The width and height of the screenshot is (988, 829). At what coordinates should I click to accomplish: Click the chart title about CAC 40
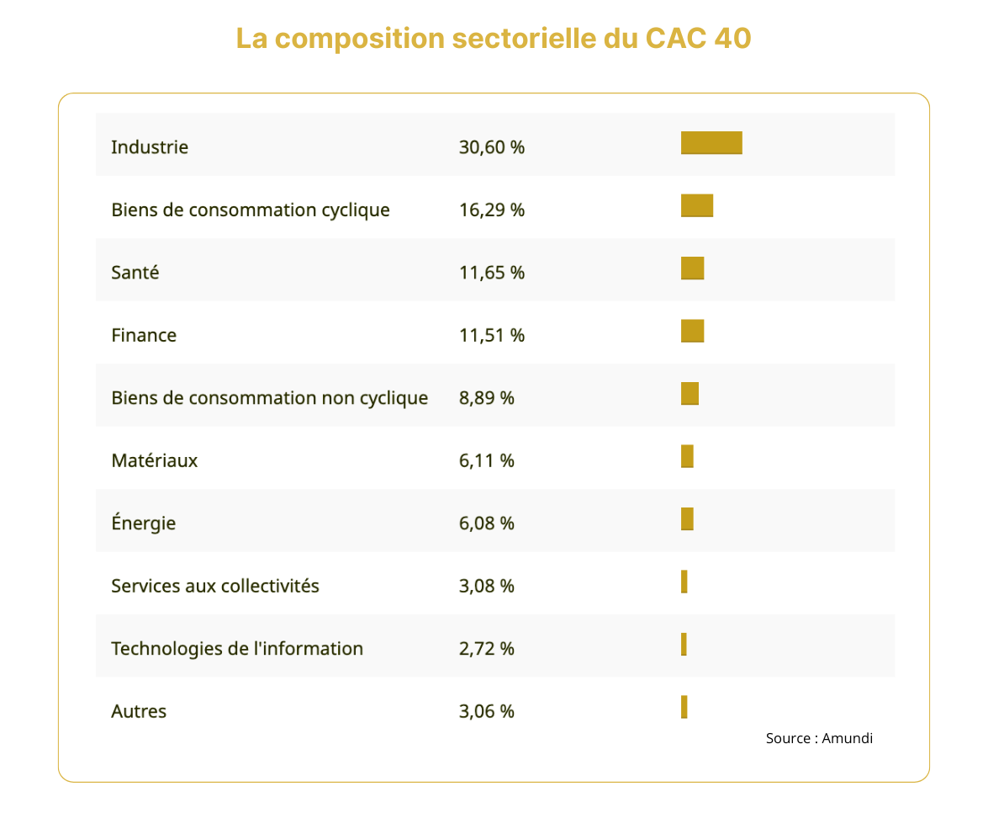pyautogui.click(x=494, y=39)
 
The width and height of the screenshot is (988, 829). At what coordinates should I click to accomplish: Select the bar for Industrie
pyautogui.click(x=711, y=143)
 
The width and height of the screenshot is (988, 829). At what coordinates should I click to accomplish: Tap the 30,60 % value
pyautogui.click(x=492, y=147)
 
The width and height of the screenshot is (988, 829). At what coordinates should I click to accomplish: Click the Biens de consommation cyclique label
pyautogui.click(x=251, y=210)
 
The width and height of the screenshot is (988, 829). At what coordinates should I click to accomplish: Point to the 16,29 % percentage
pyautogui.click(x=492, y=210)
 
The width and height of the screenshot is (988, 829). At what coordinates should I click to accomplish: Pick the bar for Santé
pyautogui.click(x=692, y=268)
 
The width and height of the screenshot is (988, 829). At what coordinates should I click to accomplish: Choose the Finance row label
pyautogui.click(x=144, y=335)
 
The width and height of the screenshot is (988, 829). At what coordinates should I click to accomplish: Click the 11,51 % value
pyautogui.click(x=492, y=335)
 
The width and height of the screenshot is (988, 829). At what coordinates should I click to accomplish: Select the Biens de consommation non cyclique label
pyautogui.click(x=270, y=397)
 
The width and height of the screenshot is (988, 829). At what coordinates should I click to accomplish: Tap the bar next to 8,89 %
pyautogui.click(x=689, y=394)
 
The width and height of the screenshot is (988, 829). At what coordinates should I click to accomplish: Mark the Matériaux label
pyautogui.click(x=155, y=460)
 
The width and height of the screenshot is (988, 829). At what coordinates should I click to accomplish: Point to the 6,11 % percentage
pyautogui.click(x=487, y=460)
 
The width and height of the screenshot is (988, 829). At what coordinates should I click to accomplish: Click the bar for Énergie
pyautogui.click(x=687, y=519)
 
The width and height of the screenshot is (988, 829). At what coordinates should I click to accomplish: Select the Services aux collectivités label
pyautogui.click(x=215, y=586)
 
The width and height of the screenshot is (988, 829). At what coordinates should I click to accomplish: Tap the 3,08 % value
pyautogui.click(x=487, y=586)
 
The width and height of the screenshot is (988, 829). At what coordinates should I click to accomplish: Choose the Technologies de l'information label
pyautogui.click(x=237, y=649)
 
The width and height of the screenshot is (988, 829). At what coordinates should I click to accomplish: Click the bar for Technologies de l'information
pyautogui.click(x=684, y=645)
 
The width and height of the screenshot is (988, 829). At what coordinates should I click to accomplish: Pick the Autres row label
pyautogui.click(x=139, y=711)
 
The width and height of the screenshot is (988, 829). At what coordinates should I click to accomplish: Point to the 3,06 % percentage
pyautogui.click(x=487, y=711)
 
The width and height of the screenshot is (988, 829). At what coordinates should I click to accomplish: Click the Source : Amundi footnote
pyautogui.click(x=819, y=738)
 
